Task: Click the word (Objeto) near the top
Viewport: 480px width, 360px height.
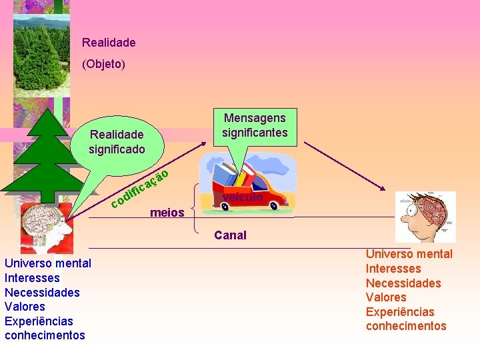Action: pos(103,65)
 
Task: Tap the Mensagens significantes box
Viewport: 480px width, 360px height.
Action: pos(255,125)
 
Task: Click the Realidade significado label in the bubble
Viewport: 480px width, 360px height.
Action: pos(117,141)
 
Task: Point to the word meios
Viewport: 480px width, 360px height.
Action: pos(167,213)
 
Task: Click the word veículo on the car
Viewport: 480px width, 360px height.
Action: pos(243,197)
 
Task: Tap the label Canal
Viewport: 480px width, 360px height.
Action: pos(230,235)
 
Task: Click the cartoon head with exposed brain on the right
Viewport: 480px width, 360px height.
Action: pos(425,217)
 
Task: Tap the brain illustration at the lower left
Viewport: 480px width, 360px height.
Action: pos(45,227)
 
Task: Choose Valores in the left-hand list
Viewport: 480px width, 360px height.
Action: pos(25,307)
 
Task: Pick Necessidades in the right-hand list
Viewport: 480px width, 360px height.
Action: pos(403,283)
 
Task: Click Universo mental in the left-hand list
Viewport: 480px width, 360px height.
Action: pos(48,263)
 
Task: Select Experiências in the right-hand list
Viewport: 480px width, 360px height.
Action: pos(400,312)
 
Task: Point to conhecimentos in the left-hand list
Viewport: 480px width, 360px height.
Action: pos(45,335)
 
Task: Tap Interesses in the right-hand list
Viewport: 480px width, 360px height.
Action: pos(393,269)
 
